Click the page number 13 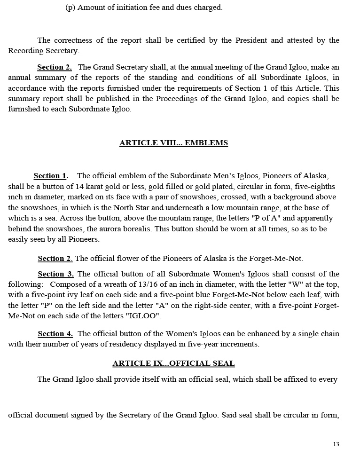[336, 444]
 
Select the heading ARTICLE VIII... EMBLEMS [173, 143]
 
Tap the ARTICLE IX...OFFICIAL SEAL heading [173, 363]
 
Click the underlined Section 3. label [55, 274]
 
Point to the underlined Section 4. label [55, 334]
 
